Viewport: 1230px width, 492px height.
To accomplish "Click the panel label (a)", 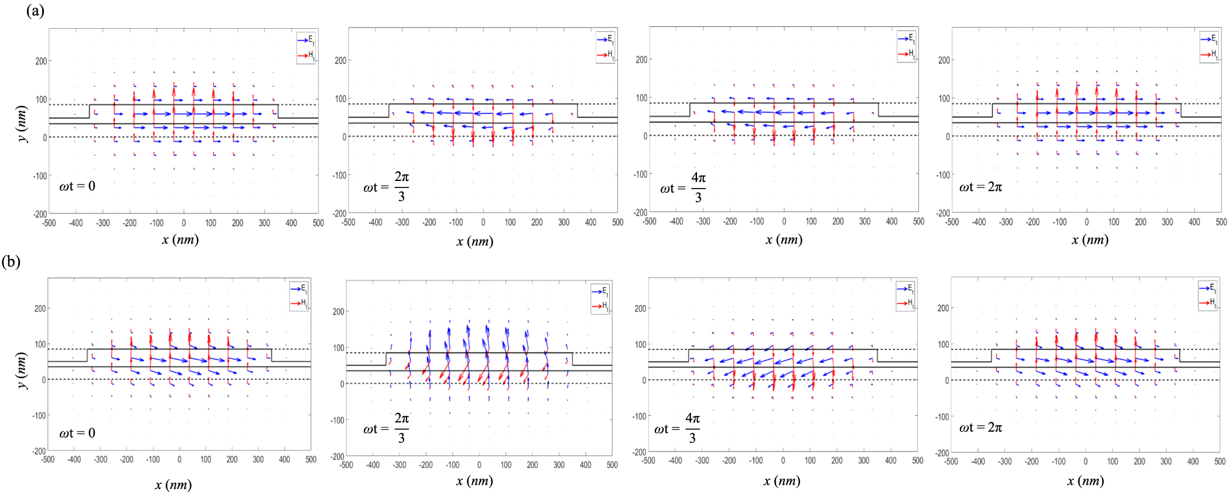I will pyautogui.click(x=35, y=11).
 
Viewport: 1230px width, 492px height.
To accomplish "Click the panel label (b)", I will pyautogui.click(x=11, y=261).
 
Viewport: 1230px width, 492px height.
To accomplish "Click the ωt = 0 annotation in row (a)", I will pyautogui.click(x=77, y=186).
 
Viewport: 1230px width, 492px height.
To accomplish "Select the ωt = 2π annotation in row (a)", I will pyautogui.click(x=980, y=187).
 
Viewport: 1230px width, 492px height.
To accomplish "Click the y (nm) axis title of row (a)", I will pyautogui.click(x=22, y=124).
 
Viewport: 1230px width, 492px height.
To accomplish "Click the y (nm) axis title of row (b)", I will pyautogui.click(x=22, y=370).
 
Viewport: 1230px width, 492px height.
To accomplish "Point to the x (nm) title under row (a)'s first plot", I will pyautogui.click(x=180, y=240).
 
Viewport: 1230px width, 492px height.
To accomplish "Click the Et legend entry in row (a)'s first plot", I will pyautogui.click(x=306, y=40).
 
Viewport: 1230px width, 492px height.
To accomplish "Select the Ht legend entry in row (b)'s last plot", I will pyautogui.click(x=1208, y=302).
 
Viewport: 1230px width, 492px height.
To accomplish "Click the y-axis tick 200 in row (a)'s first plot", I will pyautogui.click(x=41, y=61).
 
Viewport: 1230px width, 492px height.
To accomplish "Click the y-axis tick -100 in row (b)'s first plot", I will pyautogui.click(x=39, y=415).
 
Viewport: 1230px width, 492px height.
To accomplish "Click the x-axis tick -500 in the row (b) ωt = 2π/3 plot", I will pyautogui.click(x=347, y=465).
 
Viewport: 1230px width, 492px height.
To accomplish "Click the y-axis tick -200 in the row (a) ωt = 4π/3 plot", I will pyautogui.click(x=640, y=213).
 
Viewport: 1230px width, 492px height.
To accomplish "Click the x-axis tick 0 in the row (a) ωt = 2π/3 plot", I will pyautogui.click(x=483, y=223).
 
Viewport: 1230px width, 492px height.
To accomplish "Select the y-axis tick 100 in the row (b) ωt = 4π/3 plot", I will pyautogui.click(x=641, y=344).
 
